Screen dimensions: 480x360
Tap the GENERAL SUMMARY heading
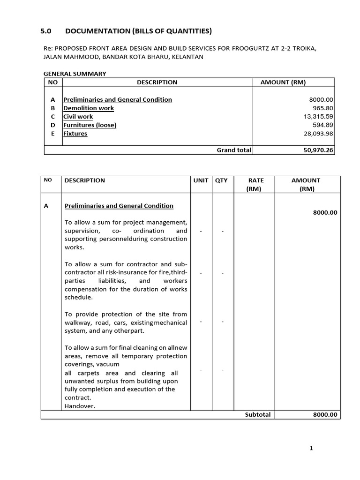(75, 74)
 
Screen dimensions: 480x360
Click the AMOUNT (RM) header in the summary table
(283, 82)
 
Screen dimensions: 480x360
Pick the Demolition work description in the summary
(89, 108)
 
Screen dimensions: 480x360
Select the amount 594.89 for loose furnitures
(322, 125)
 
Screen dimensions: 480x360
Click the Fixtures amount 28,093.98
(315, 134)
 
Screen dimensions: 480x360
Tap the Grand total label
(234, 150)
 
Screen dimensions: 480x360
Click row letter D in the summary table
(53, 125)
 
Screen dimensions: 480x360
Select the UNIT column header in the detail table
(201, 180)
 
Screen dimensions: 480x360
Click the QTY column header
(221, 180)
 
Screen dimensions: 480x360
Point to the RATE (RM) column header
(256, 185)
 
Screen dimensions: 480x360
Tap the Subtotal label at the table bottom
(257, 415)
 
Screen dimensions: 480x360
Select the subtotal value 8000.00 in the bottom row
(325, 415)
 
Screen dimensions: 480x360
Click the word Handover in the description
(80, 406)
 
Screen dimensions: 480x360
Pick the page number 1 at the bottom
(311, 448)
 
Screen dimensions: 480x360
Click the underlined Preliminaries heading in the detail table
(119, 206)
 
